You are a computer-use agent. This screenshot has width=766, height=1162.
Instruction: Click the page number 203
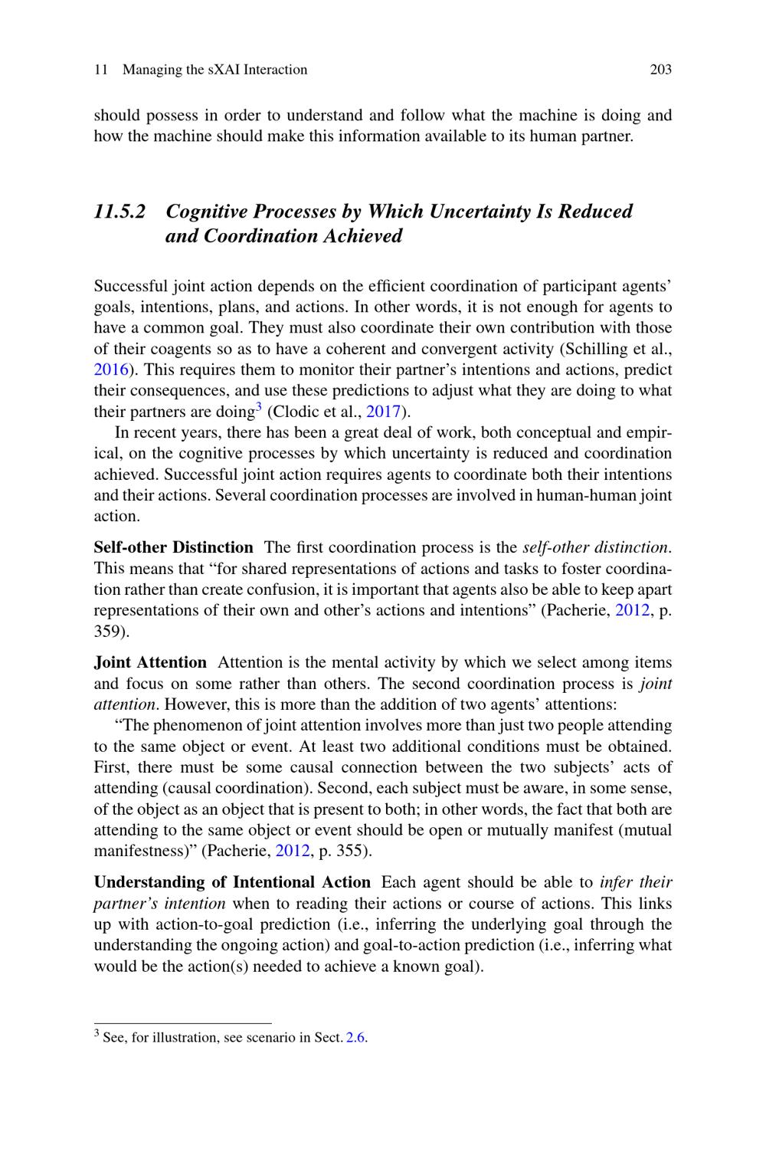660,70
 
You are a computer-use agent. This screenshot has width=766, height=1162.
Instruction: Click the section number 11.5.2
119,212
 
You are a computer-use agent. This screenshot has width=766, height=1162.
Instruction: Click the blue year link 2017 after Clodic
384,411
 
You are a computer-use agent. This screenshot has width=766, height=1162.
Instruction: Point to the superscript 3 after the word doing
259,407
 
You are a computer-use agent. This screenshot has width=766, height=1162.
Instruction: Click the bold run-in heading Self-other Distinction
173,547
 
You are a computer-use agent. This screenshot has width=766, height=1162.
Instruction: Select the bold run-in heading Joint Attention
150,662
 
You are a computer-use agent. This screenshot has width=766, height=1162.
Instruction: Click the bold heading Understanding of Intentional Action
231,882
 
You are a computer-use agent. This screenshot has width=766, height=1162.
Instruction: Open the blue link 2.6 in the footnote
355,1038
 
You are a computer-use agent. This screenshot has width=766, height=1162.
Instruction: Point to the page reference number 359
110,632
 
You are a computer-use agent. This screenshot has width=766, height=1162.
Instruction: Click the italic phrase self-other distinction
596,547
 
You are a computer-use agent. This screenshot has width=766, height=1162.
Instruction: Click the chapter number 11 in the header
100,70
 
